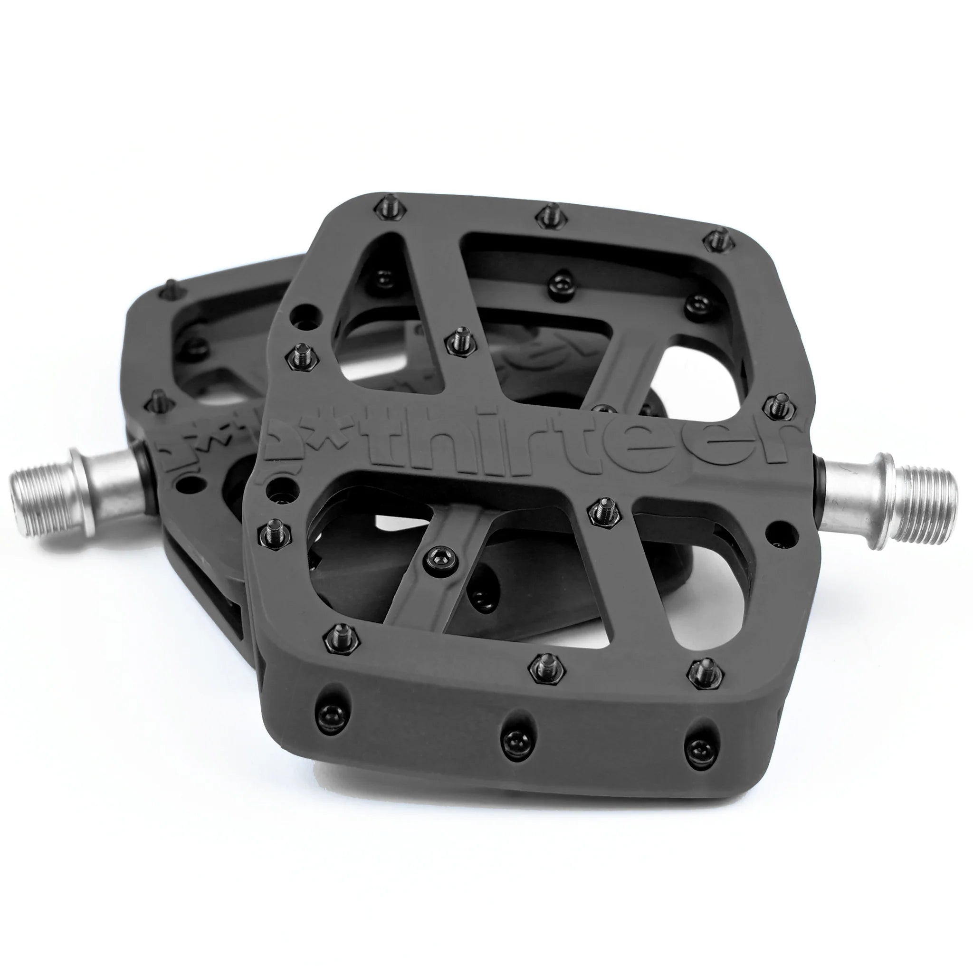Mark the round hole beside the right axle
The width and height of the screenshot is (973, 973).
779,529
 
